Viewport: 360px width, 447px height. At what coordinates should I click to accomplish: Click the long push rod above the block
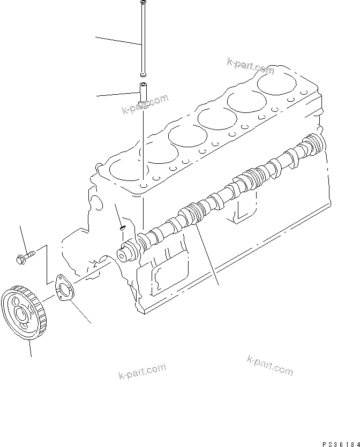tap(143, 37)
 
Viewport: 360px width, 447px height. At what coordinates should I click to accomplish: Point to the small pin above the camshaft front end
tap(122, 228)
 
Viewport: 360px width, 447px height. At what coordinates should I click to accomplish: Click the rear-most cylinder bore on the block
tap(277, 83)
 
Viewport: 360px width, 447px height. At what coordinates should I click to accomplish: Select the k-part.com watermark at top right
tap(250, 66)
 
